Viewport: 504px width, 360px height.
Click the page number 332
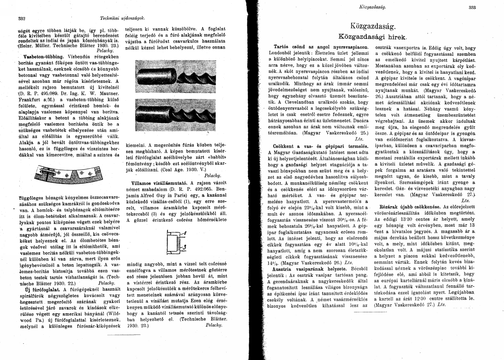point(21,18)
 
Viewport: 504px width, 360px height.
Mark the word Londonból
point(275,53)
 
